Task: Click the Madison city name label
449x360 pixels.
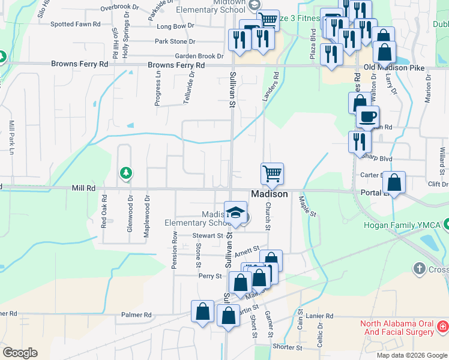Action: [269, 194]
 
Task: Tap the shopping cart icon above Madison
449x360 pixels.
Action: [272, 174]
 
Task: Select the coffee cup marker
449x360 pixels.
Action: [367, 116]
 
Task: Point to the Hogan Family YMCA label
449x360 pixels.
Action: [402, 226]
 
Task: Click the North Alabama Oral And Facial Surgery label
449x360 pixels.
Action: [397, 328]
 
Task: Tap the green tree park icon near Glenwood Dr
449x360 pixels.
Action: [125, 173]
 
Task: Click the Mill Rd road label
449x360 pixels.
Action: [83, 188]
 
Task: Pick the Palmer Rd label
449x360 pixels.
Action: [136, 314]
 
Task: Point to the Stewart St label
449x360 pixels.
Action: [208, 236]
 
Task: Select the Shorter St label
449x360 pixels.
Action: [287, 347]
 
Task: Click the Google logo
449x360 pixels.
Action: [20, 353]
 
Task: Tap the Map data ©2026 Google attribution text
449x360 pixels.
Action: [412, 355]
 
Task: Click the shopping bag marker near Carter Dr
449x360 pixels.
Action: [394, 182]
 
